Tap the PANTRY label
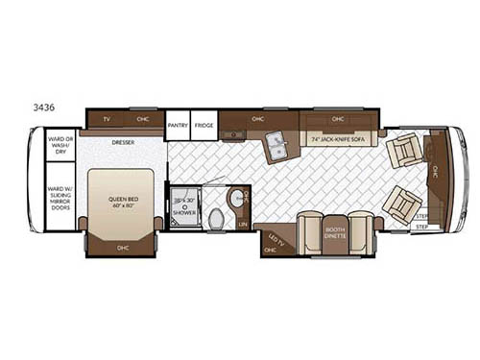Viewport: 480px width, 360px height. [177, 124]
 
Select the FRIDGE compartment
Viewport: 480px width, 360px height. [204, 124]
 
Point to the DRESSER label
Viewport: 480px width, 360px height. [122, 143]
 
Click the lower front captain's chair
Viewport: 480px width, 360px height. [401, 204]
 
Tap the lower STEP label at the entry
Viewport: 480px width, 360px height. [421, 227]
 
